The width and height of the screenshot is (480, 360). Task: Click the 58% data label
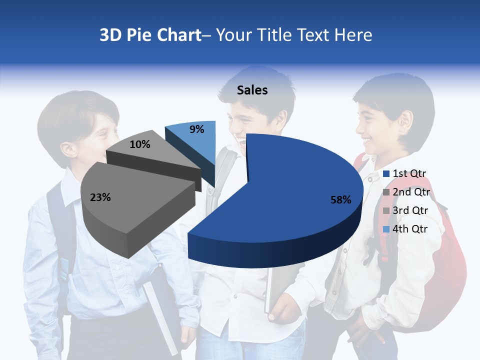coord(340,200)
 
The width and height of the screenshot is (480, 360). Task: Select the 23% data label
coord(100,197)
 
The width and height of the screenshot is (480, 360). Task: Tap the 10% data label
coord(139,144)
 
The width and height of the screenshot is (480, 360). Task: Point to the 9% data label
coord(197,129)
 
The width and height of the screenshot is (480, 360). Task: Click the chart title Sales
coord(252,90)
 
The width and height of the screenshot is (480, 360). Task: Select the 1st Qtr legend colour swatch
coord(386,174)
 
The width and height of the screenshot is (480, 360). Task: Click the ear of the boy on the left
coord(70,148)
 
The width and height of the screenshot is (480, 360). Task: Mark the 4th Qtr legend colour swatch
coord(386,229)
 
